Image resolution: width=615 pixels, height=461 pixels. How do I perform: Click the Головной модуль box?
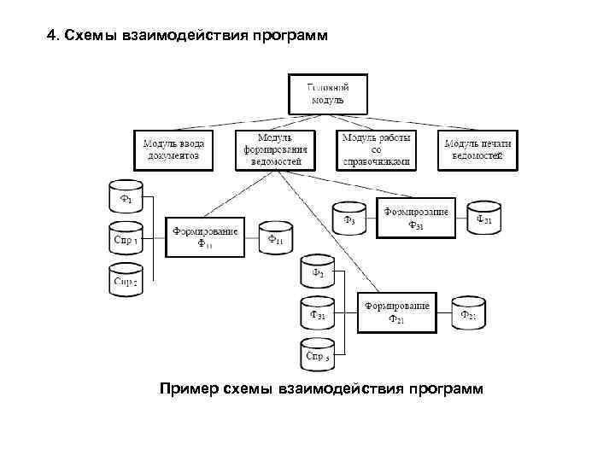328,94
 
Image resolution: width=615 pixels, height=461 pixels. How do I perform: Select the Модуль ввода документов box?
173,149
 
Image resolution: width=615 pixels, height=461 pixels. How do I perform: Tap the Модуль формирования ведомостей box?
275,149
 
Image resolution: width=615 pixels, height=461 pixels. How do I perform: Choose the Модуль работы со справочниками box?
376,149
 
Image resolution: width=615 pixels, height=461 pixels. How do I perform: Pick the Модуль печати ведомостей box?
477,149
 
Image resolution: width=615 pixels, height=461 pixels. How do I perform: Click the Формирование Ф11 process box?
206,236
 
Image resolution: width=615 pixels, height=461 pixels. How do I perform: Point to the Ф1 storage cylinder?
126,198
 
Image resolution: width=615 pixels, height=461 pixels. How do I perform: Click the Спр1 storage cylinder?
126,238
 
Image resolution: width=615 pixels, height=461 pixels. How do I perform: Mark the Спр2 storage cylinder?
126,280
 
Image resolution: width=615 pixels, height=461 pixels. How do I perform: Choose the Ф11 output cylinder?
275,238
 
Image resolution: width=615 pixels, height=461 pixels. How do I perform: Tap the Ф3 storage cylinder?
348,219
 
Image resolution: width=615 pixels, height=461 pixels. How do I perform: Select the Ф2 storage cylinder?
318,272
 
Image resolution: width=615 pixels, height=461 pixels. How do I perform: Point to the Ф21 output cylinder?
468,313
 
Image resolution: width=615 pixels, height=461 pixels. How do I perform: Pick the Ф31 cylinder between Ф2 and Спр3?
318,313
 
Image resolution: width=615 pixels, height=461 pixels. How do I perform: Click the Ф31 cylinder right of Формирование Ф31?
483,219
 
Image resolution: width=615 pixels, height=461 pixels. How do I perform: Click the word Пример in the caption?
188,389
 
